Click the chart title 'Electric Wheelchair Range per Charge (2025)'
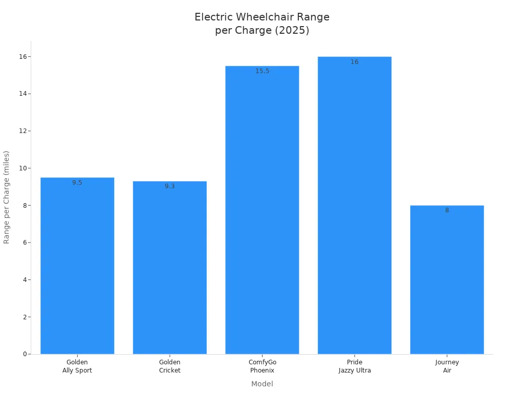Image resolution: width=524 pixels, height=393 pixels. click(262, 24)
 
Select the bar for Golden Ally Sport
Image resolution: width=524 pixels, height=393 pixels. click(77, 266)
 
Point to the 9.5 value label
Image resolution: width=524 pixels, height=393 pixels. click(77, 183)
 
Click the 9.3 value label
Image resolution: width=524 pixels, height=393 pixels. click(170, 186)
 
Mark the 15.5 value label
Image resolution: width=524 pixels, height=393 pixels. click(262, 71)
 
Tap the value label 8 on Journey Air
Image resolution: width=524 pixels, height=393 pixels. click(447, 210)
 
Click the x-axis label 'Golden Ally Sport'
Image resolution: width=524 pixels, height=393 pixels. click(77, 366)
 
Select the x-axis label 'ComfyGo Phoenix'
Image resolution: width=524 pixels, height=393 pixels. click(262, 366)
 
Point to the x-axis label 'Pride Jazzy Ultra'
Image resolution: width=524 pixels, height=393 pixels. click(355, 366)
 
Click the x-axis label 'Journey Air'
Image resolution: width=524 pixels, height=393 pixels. click(447, 366)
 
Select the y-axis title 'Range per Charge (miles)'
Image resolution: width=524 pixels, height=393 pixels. click(7, 197)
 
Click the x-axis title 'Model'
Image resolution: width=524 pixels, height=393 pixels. click(262, 384)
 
